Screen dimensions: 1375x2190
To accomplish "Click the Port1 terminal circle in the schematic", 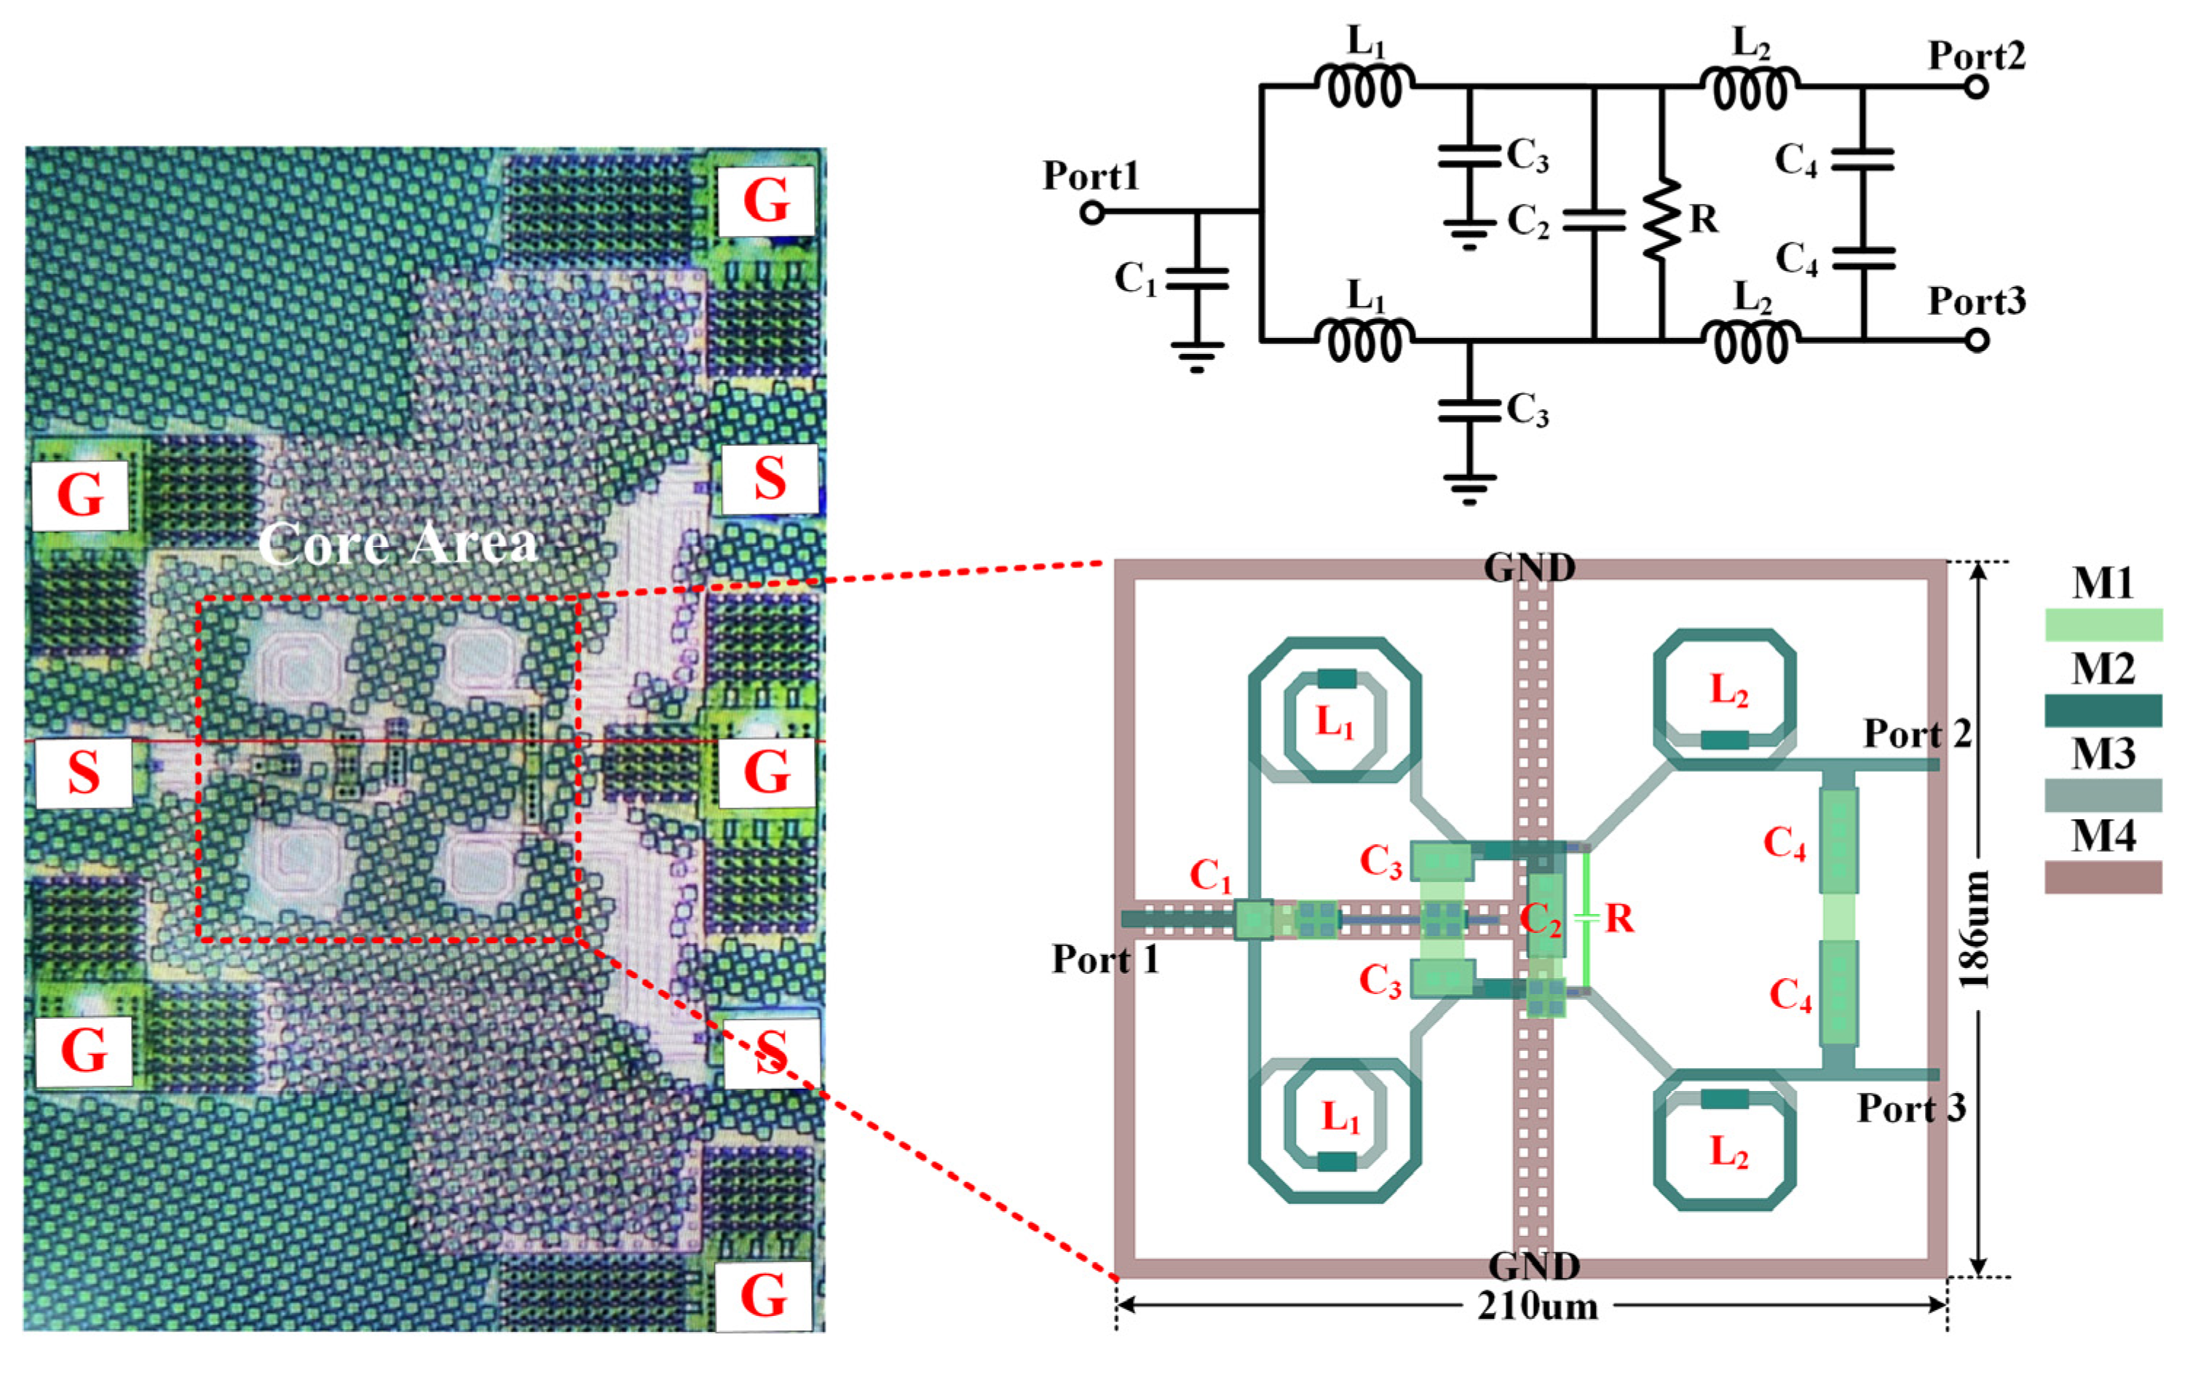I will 1093,213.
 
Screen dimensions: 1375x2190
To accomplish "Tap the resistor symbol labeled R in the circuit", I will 1662,219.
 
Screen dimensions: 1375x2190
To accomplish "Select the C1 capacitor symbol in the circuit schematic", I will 1197,278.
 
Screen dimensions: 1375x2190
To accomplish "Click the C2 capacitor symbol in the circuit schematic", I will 1594,219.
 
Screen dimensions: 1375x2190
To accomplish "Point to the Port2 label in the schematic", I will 1977,55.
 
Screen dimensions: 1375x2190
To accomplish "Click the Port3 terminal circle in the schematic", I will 1977,340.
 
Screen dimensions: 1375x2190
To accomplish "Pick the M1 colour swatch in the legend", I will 2103,625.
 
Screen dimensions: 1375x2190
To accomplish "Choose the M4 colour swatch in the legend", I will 2103,878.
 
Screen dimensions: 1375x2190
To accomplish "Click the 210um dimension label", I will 1537,1307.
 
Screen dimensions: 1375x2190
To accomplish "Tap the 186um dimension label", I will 1974,929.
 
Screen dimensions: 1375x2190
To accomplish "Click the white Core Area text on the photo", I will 398,544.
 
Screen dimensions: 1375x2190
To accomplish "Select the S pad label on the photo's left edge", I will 84,773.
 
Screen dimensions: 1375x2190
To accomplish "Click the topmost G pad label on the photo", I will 765,201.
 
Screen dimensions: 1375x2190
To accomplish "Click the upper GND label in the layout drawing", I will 1529,567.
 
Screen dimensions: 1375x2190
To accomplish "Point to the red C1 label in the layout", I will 1211,875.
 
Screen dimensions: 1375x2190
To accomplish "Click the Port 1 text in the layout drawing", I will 1105,959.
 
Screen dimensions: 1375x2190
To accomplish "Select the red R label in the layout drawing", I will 1619,918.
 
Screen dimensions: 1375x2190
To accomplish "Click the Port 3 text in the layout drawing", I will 1911,1108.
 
